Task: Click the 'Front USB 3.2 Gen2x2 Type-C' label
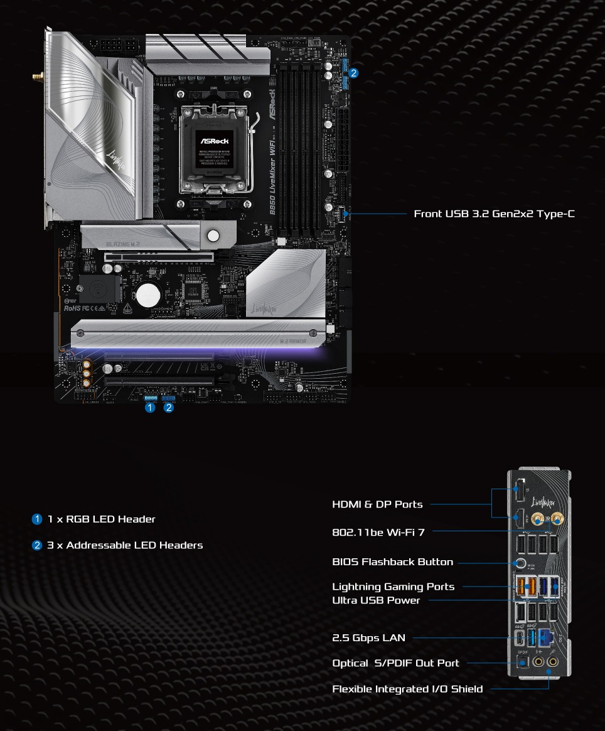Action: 494,214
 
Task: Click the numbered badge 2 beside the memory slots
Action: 354,73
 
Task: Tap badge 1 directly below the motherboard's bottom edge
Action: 149,408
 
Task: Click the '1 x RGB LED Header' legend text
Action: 101,519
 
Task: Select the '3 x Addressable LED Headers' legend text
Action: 125,545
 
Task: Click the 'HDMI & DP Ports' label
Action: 377,504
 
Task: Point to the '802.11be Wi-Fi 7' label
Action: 378,533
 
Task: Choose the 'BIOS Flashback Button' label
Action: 392,562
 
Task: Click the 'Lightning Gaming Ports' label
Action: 393,587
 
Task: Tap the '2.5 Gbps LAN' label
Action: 368,638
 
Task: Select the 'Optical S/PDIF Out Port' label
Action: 395,663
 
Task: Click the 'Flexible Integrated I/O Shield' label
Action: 407,689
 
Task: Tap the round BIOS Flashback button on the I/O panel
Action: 520,563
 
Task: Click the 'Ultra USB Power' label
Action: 376,600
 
